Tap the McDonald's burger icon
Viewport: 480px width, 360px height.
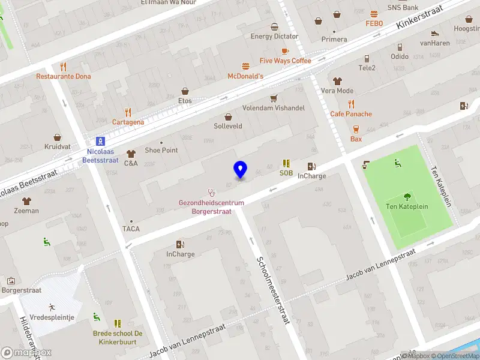(245, 66)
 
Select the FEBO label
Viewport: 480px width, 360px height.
(374, 23)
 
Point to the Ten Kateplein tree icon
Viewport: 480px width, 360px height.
(407, 196)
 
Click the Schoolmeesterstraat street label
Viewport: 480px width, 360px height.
(273, 290)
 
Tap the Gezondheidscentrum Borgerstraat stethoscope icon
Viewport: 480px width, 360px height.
(211, 193)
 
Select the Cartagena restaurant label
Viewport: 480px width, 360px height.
(128, 122)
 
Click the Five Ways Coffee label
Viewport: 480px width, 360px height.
(285, 61)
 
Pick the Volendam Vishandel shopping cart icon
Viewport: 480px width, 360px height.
(274, 98)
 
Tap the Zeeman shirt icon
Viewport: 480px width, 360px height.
(26, 200)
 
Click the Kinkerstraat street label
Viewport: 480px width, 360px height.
(419, 18)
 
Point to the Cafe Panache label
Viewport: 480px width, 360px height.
(351, 114)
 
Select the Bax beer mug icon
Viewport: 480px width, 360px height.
(356, 129)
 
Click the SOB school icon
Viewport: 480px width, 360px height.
(286, 163)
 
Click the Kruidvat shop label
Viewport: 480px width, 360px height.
(57, 146)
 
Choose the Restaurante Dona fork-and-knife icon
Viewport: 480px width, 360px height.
(63, 67)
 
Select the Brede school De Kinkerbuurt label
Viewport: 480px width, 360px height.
(118, 338)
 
